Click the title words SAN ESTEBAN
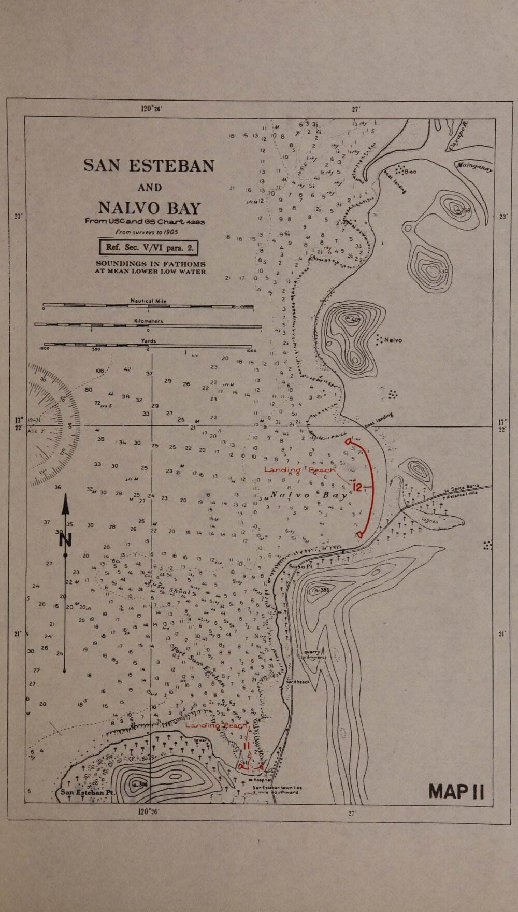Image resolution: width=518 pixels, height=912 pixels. [149, 165]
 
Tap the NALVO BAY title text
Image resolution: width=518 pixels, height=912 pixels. [149, 208]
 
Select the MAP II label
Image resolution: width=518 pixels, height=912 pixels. [457, 792]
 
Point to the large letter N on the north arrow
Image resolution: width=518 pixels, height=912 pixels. [65, 539]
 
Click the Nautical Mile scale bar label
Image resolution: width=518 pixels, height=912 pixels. [148, 301]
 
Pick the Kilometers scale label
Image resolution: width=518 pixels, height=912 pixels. [148, 321]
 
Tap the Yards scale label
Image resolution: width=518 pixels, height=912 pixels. [148, 341]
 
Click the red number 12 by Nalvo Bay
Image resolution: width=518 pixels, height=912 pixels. [357, 488]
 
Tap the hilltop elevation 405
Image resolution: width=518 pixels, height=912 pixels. [355, 320]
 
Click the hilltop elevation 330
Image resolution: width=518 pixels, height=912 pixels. [441, 271]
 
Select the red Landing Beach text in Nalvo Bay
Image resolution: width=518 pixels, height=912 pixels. [299, 469]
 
